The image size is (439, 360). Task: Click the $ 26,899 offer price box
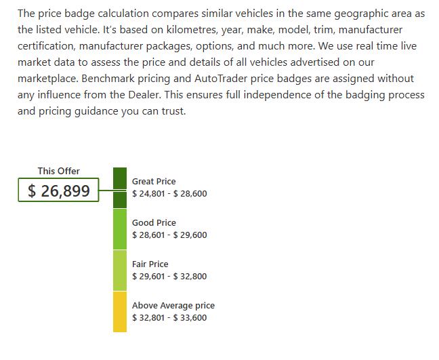click(58, 190)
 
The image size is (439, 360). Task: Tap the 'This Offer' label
click(59, 171)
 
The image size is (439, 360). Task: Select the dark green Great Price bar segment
click(120, 188)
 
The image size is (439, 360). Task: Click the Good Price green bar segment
click(120, 229)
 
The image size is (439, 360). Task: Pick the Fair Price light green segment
click(120, 271)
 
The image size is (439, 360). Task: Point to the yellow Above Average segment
click(120, 312)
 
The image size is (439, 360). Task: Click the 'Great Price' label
click(154, 181)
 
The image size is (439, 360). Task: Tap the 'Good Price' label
click(154, 223)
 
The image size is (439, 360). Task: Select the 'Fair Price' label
click(150, 264)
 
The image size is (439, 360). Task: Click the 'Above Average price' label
click(173, 306)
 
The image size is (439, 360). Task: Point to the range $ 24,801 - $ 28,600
click(169, 194)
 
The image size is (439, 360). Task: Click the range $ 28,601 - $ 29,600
click(169, 235)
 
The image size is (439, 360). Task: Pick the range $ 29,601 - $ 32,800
click(169, 276)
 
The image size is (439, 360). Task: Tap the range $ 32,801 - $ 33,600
click(169, 318)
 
